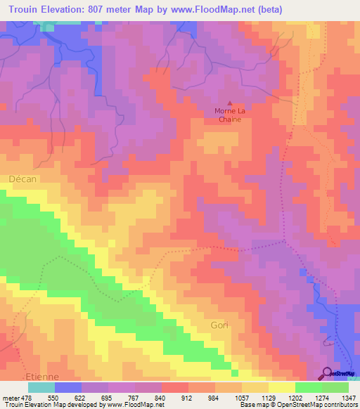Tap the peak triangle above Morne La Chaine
(x=229, y=102)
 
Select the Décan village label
(x=22, y=179)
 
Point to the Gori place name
(x=220, y=325)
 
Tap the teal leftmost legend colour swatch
(x=41, y=387)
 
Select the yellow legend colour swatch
(x=281, y=387)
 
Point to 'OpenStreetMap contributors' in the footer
(x=316, y=404)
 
